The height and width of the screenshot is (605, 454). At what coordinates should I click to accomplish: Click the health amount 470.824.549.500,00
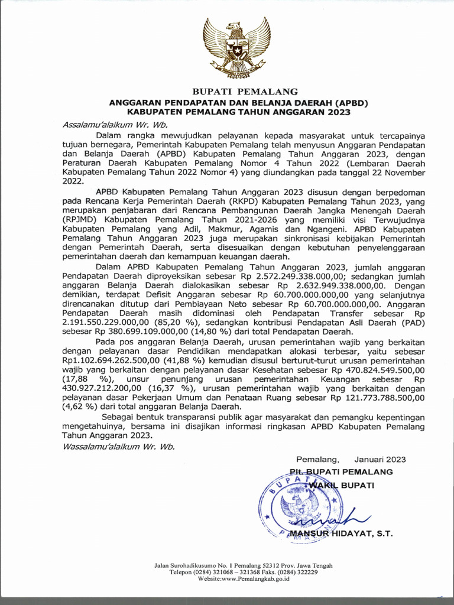pos(377,369)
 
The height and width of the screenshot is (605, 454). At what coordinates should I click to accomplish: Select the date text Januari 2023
pos(380,459)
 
